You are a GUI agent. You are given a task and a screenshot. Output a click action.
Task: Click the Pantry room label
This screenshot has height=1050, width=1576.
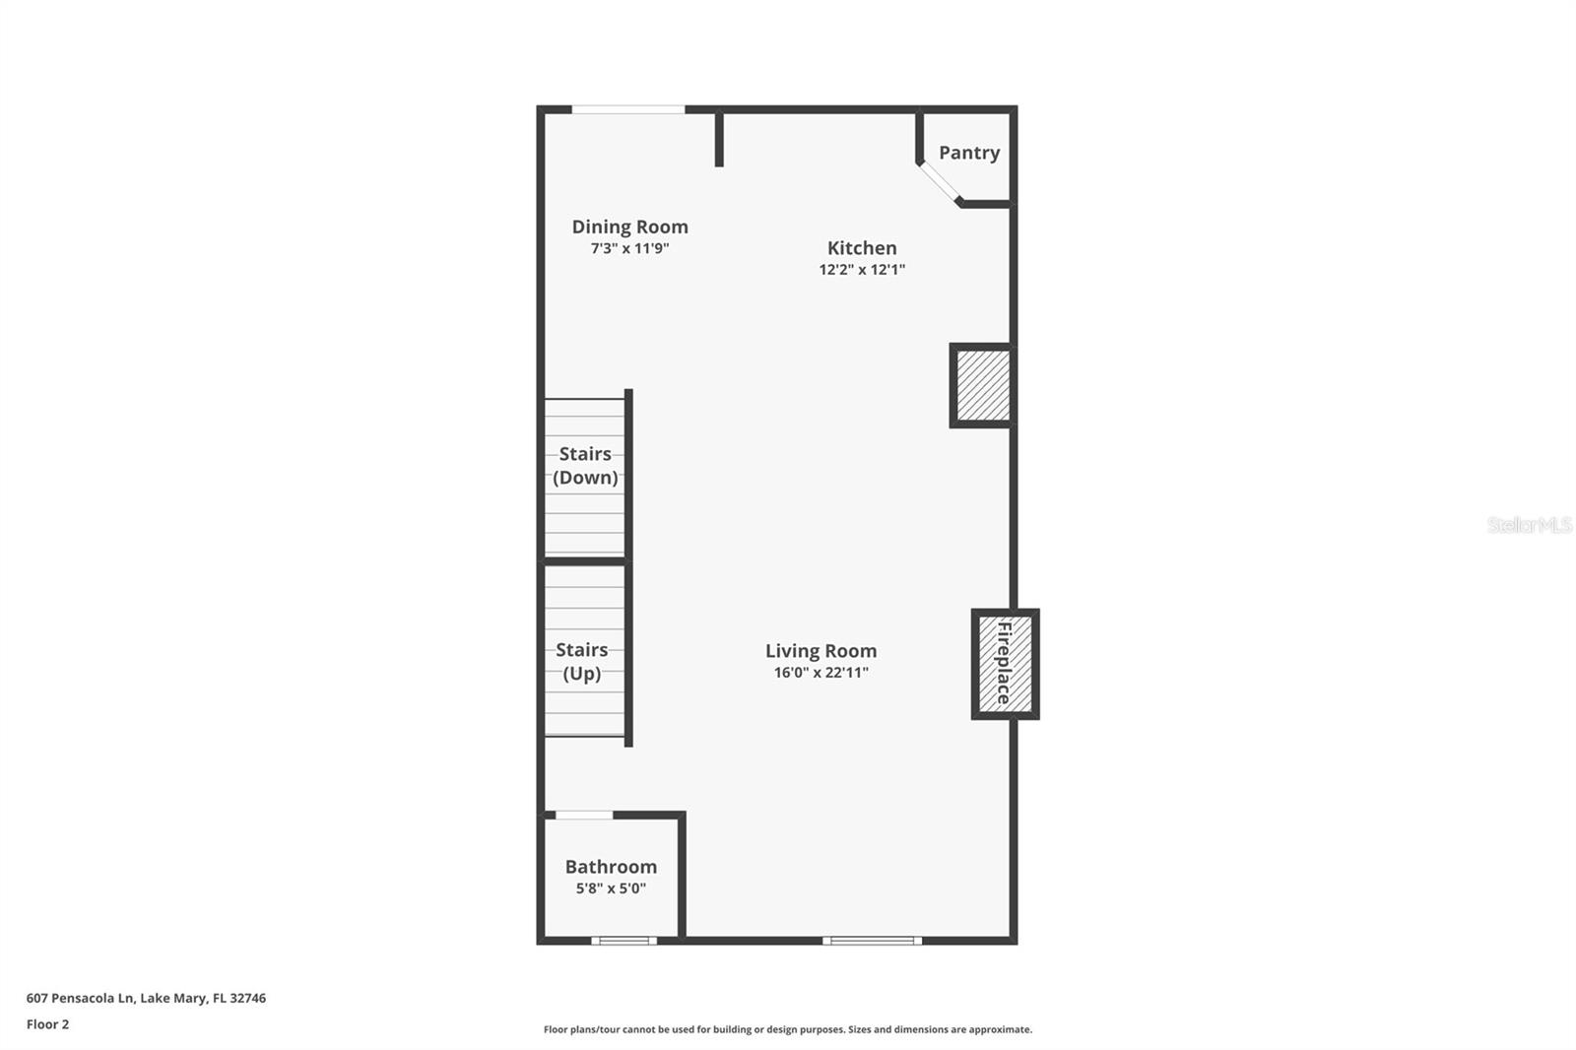click(969, 153)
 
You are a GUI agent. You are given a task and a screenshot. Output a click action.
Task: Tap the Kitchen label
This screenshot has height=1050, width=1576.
click(862, 248)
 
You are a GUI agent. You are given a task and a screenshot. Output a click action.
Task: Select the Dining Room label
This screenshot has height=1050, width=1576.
click(630, 227)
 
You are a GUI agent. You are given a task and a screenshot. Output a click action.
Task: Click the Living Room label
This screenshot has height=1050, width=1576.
click(821, 651)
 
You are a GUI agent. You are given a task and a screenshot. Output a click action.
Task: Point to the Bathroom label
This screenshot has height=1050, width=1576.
click(611, 867)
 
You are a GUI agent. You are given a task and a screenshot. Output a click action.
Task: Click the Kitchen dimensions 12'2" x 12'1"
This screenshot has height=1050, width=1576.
click(862, 270)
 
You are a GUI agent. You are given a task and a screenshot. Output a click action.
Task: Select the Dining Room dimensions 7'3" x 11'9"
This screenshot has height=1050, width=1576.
click(630, 249)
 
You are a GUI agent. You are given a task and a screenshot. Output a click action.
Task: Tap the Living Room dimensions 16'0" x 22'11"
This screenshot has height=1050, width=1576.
click(821, 673)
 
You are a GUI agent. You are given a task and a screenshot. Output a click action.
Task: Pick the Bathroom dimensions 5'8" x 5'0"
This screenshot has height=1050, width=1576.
click(611, 888)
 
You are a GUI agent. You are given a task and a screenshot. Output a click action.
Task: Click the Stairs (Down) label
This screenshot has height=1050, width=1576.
click(585, 466)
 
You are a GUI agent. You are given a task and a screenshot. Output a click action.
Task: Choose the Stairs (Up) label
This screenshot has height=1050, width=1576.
click(581, 662)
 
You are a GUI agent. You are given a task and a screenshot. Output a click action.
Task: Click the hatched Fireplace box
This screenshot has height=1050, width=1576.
click(1005, 663)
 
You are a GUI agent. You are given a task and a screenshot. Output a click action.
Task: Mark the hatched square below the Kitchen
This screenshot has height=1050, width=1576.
click(982, 385)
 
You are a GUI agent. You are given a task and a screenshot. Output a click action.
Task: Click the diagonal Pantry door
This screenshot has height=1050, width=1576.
click(940, 183)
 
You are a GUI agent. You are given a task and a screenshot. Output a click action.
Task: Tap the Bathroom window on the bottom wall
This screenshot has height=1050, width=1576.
click(624, 941)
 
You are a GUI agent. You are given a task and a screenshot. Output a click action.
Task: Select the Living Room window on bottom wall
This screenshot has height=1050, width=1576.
click(872, 941)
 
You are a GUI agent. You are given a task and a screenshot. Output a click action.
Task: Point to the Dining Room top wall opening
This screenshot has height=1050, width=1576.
click(628, 109)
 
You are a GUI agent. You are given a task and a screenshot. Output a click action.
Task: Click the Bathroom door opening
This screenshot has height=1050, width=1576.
click(584, 816)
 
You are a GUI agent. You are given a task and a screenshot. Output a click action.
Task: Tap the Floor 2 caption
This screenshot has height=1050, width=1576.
click(47, 1024)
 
